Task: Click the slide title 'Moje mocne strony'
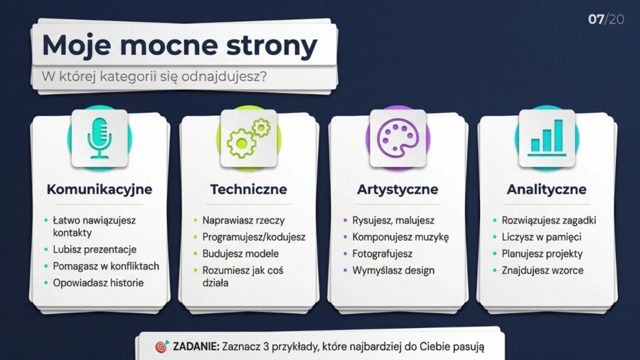pos(179,45)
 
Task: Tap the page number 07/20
pos(606,19)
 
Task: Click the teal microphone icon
pos(100,138)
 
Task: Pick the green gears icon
pos(248,138)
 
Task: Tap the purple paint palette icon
pos(398,138)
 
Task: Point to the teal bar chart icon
pos(547,138)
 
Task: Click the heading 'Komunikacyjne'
pos(100,189)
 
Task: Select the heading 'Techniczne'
pos(248,189)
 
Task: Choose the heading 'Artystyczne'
pos(398,189)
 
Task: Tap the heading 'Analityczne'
pos(547,189)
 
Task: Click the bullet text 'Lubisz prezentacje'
pos(95,250)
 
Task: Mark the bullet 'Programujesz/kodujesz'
pos(254,237)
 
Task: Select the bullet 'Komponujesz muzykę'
pos(400,237)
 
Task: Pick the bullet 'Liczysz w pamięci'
pos(542,237)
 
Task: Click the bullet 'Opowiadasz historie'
pos(98,282)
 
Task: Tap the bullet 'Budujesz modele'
pos(240,253)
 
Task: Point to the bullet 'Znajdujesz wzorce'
pos(543,270)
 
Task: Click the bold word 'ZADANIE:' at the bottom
pos(195,346)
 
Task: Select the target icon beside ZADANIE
pos(161,346)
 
